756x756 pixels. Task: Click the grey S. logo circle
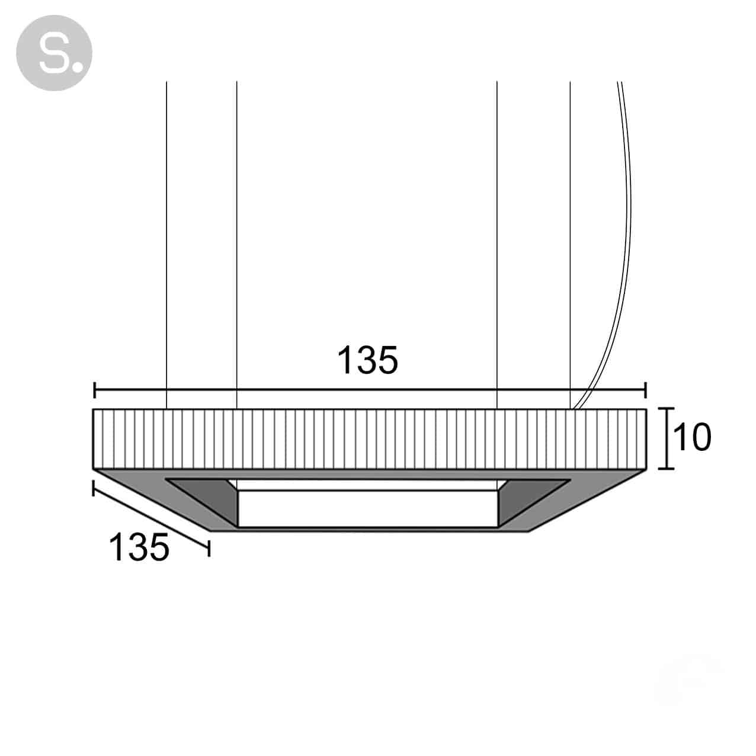click(x=54, y=53)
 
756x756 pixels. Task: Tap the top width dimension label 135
click(x=367, y=360)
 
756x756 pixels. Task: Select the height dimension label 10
click(x=691, y=437)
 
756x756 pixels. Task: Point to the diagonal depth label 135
click(x=139, y=547)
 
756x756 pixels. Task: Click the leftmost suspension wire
click(x=166, y=245)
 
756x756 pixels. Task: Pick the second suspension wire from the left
click(x=236, y=245)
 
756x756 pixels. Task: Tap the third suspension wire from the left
click(x=497, y=245)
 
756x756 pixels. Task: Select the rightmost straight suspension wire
click(x=570, y=245)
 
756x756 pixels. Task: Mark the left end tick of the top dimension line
click(x=95, y=390)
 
